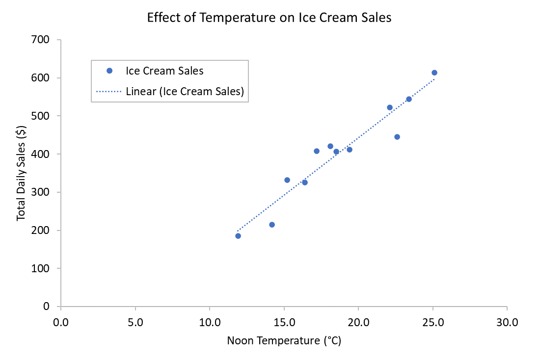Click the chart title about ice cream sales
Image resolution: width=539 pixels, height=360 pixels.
(x=269, y=18)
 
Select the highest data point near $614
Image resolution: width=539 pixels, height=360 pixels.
(x=434, y=73)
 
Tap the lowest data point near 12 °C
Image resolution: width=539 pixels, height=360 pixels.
(x=238, y=236)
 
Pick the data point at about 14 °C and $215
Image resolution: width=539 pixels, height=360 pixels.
(x=272, y=225)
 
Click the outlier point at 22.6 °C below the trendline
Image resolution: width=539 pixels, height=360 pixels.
(x=397, y=137)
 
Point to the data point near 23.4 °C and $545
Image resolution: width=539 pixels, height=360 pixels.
(x=409, y=99)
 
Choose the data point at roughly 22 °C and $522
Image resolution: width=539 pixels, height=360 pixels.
(x=390, y=107)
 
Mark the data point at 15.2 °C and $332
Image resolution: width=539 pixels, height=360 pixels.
(x=287, y=180)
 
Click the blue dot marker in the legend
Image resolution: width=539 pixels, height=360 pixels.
(x=109, y=71)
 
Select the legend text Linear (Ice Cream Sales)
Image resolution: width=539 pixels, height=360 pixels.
(x=185, y=91)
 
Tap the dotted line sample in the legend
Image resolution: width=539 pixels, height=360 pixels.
(x=108, y=91)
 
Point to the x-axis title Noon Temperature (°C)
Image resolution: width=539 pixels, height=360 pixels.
(x=284, y=340)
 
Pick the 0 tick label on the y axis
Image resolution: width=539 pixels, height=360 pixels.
(x=46, y=307)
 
